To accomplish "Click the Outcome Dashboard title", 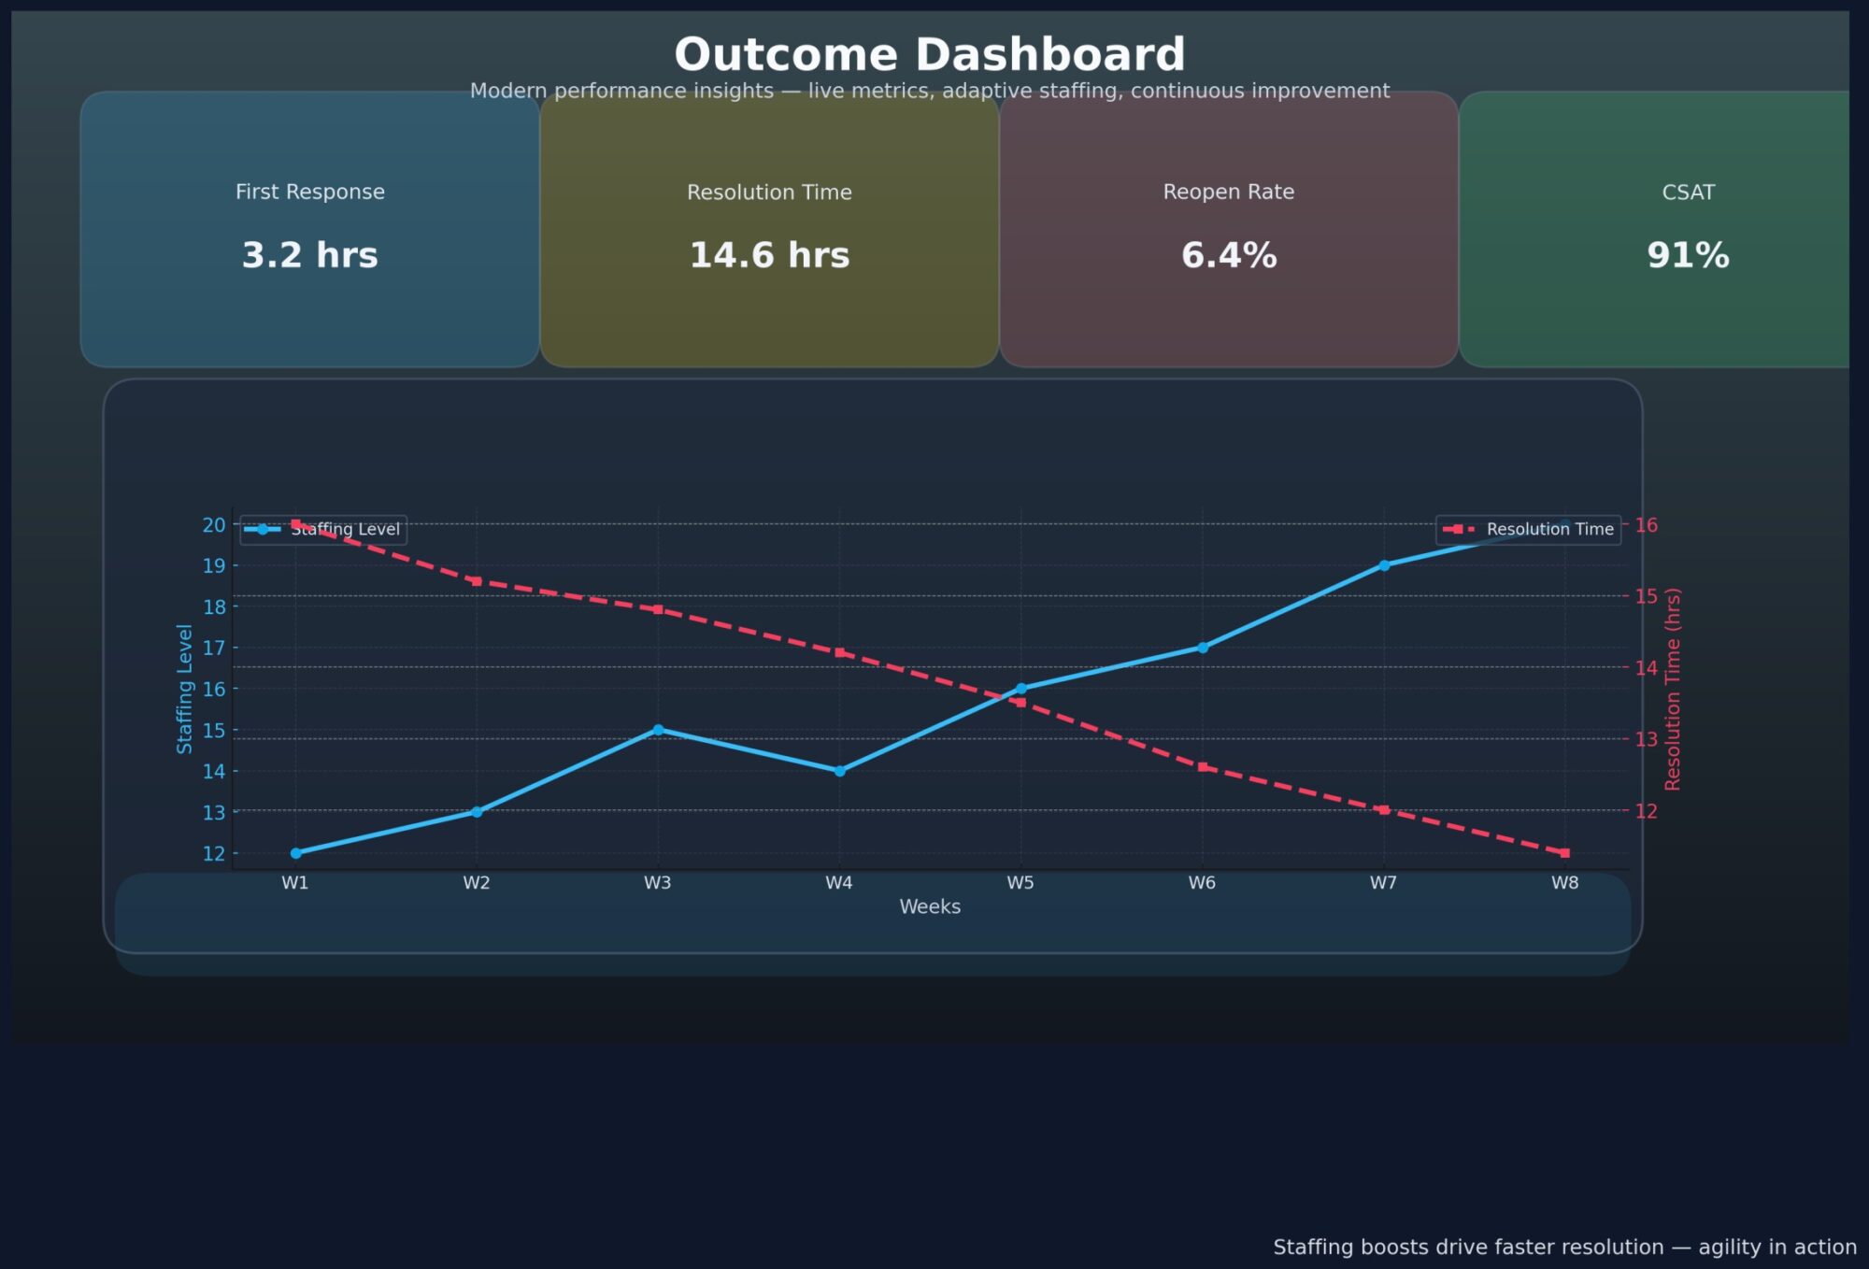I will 930,54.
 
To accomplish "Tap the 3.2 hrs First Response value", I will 309,255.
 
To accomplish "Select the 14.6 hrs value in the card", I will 769,255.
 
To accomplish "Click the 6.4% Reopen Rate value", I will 1229,255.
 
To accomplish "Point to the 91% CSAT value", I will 1688,255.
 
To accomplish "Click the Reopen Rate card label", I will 1229,192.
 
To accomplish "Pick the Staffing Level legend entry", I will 323,530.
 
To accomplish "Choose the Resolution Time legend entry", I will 1528,530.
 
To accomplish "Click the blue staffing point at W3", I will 658,730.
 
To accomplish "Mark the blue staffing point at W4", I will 839,771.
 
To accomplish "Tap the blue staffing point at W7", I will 1384,565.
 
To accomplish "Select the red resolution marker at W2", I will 477,581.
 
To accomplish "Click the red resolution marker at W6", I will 1203,767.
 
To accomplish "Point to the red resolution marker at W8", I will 1565,853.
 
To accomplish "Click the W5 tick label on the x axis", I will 1020,883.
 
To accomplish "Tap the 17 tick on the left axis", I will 214,648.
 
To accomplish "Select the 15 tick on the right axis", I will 1647,596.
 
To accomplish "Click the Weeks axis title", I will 930,906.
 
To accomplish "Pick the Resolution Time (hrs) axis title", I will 1673,689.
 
